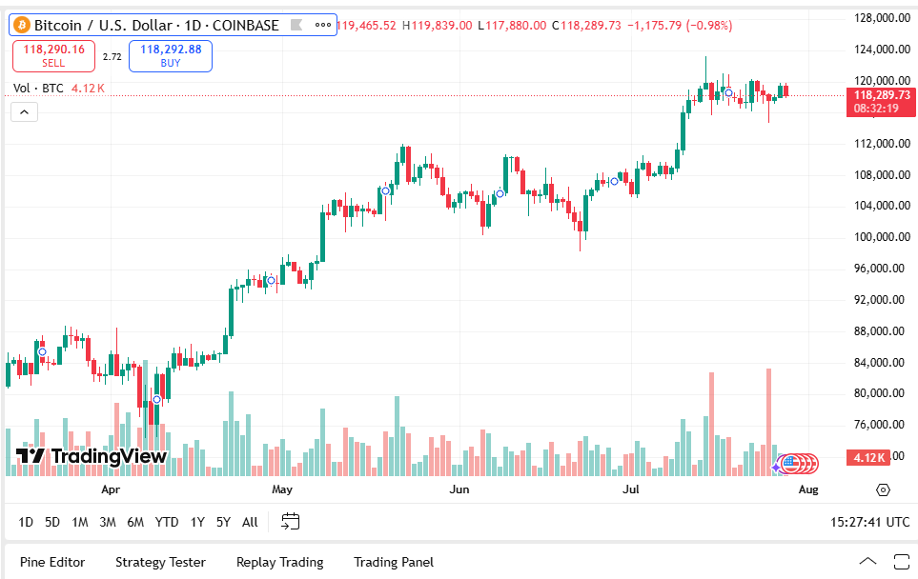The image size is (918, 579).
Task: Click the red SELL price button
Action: pos(53,56)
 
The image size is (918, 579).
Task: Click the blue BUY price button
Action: pos(171,56)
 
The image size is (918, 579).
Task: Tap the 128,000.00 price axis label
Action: pos(879,18)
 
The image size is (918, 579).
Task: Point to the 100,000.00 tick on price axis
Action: pos(879,237)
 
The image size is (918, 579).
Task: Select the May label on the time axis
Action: pos(281,489)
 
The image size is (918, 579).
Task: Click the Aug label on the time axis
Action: pos(807,489)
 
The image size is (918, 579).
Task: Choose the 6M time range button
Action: pos(135,522)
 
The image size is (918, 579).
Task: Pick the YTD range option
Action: pos(167,522)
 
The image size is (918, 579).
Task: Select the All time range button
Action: pos(250,522)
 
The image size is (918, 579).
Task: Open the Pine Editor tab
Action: pos(52,562)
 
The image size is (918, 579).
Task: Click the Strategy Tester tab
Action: pos(160,562)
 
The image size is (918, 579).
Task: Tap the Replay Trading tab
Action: pos(279,562)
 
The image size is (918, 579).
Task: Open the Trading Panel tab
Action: pos(393,562)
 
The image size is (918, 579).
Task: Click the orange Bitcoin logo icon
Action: pos(22,25)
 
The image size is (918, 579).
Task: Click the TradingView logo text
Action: pos(93,456)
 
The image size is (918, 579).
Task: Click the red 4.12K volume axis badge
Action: pos(870,458)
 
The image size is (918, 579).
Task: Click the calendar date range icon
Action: pos(291,521)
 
